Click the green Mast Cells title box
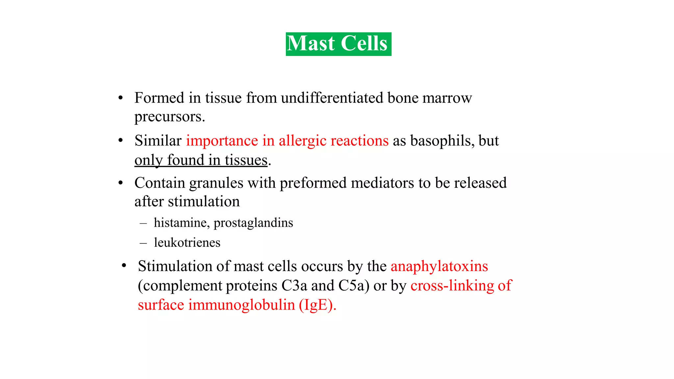point(338,44)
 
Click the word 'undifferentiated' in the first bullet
point(332,98)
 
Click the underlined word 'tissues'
point(246,160)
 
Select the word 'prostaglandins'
point(253,223)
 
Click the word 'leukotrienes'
point(187,243)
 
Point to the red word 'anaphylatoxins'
point(439,266)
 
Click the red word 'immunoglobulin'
point(242,305)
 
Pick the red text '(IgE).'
point(317,305)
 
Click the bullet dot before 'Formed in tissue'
point(120,98)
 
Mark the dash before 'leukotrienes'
point(143,243)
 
